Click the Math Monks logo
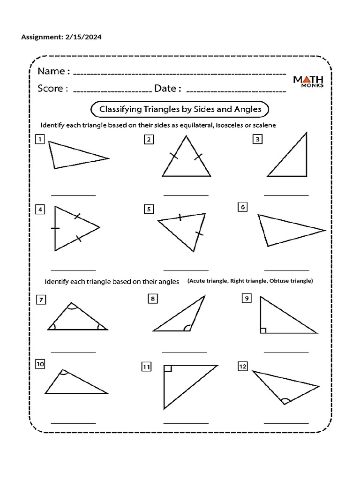(308, 83)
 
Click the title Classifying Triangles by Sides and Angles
(179, 109)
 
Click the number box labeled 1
(40, 139)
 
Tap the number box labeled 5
(149, 210)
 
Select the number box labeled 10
(40, 364)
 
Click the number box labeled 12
(242, 367)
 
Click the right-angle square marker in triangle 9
(263, 330)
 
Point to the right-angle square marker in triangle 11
(168, 368)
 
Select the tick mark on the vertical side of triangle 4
(55, 228)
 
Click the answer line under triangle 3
(286, 195)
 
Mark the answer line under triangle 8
(184, 352)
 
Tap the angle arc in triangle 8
(187, 328)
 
